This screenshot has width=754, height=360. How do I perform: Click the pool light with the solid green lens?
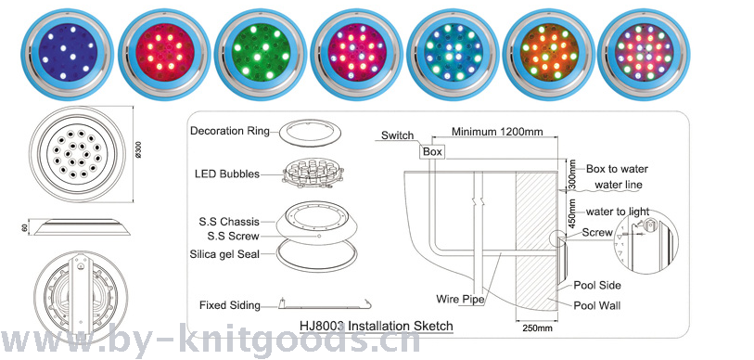click(x=261, y=55)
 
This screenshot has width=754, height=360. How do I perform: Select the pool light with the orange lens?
click(x=549, y=55)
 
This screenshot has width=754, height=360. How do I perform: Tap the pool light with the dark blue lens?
click(x=68, y=55)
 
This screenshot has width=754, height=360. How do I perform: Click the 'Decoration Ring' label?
click(x=230, y=131)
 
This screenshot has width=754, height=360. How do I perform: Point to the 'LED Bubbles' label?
click(x=227, y=174)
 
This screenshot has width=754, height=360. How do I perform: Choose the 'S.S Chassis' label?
click(x=229, y=222)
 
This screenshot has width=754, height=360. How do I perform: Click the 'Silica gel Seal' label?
click(x=224, y=253)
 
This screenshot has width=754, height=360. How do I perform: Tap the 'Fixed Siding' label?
click(x=230, y=305)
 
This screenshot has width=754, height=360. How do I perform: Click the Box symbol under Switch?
click(x=432, y=151)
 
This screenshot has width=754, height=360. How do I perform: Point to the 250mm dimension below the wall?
click(x=537, y=328)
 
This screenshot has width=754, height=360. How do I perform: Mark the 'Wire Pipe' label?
click(x=460, y=299)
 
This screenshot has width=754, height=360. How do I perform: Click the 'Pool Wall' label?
click(x=597, y=305)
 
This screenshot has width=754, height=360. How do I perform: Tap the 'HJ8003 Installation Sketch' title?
click(x=376, y=326)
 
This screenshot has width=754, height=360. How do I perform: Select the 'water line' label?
click(x=619, y=185)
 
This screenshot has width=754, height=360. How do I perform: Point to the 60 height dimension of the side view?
click(x=24, y=227)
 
